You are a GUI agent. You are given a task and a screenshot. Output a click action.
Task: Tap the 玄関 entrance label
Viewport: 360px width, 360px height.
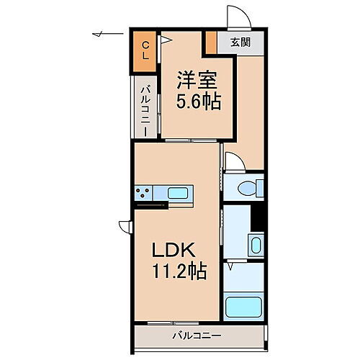[x=240, y=42]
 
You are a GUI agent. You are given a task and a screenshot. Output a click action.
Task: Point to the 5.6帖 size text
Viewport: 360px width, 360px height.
[x=197, y=102]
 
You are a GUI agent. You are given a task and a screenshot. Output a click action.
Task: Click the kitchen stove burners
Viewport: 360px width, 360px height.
[x=143, y=193]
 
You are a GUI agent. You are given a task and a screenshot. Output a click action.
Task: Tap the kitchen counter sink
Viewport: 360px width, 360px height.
[x=178, y=193]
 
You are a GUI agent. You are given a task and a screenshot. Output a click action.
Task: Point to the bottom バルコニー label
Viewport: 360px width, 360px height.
[x=196, y=336]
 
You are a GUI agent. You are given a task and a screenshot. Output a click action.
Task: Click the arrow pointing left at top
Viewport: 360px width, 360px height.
[x=101, y=33]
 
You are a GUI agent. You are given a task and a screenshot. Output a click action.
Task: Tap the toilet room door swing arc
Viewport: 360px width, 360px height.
[x=233, y=160]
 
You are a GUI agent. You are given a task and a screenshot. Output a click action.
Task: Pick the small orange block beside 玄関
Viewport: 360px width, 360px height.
[x=211, y=42]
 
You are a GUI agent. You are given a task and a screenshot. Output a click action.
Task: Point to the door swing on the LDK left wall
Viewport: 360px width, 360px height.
[x=125, y=225]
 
